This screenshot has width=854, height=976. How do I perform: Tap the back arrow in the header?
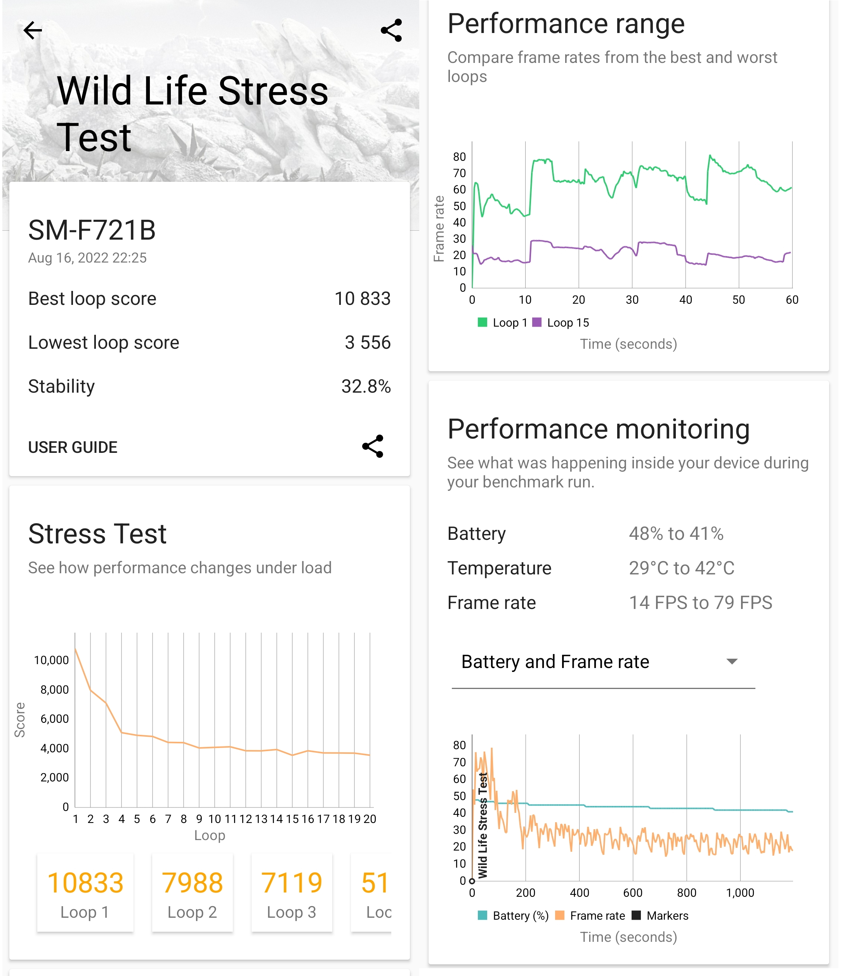point(32,31)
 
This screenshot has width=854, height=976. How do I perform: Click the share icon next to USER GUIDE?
point(373,446)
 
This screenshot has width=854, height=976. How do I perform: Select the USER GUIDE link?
point(73,447)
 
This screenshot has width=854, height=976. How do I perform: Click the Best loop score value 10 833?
point(362,299)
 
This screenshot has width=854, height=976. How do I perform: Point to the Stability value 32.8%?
point(366,386)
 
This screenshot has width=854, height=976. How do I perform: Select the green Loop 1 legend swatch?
point(482,322)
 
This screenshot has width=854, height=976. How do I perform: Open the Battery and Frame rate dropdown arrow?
point(731,661)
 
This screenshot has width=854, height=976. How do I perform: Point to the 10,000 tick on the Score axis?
point(52,660)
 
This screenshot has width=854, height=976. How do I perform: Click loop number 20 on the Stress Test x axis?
point(370,819)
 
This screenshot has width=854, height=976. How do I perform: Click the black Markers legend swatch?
point(636,915)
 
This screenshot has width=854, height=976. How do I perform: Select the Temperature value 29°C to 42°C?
point(682,568)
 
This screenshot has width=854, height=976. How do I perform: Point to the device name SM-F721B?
point(92,230)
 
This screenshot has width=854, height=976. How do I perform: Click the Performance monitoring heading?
point(599,429)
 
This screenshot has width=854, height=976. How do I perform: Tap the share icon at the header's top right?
point(391,31)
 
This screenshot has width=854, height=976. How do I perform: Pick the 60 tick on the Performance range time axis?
point(792,300)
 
